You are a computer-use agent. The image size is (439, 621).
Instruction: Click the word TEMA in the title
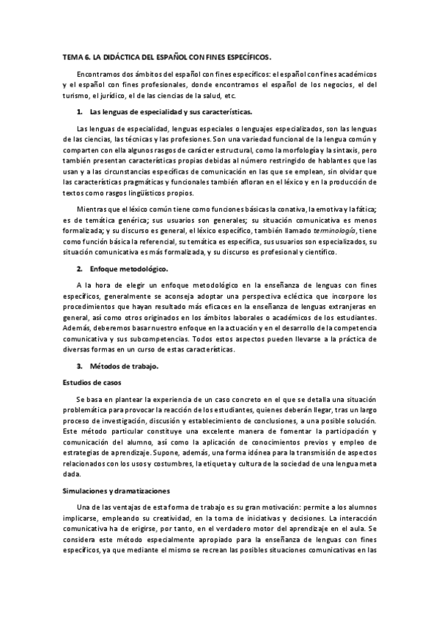click(x=71, y=56)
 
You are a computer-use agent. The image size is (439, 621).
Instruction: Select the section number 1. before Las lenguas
click(x=80, y=112)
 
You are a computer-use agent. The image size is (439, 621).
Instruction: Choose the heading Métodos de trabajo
click(x=118, y=365)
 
